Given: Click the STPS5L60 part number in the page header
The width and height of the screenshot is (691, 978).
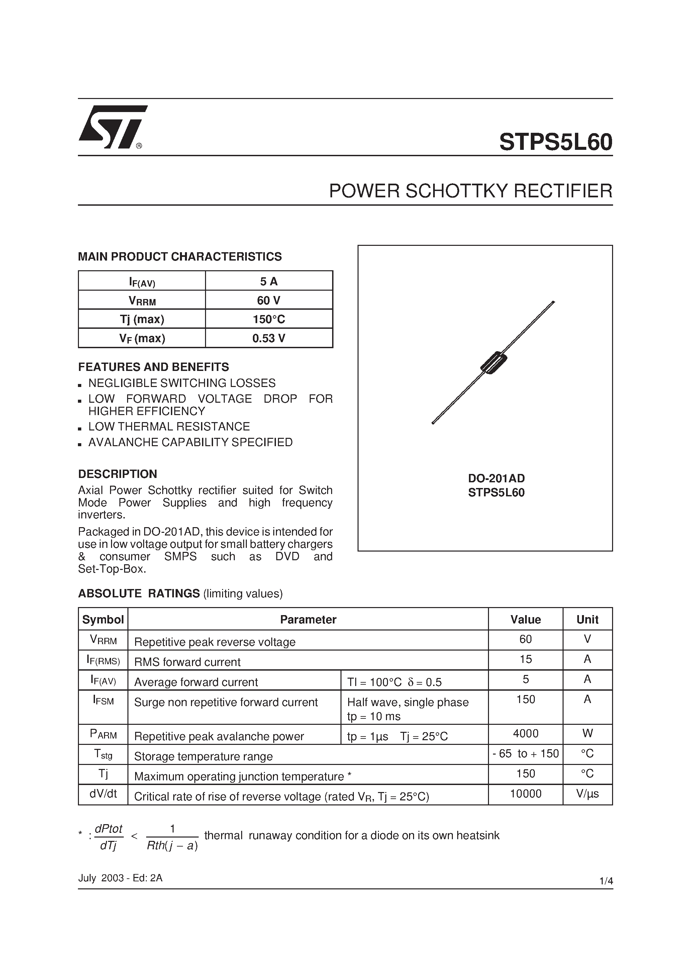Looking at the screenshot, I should point(556,142).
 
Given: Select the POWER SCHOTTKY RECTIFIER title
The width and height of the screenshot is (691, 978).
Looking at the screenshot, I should point(470,191).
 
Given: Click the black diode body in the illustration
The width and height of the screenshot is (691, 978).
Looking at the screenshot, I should point(493,363).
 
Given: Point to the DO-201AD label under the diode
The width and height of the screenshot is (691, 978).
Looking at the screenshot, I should point(496,478).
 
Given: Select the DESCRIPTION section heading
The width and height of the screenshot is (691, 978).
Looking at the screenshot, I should point(118,474).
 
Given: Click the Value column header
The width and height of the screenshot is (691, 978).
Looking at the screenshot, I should point(525,619).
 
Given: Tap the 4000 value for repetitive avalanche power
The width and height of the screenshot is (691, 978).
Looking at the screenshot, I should point(525,733).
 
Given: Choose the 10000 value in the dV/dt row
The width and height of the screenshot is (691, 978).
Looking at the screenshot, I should point(525,794).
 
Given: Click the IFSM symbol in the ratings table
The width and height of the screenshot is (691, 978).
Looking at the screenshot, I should point(103,700).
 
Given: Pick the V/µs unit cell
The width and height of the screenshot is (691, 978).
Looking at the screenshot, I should point(587,794).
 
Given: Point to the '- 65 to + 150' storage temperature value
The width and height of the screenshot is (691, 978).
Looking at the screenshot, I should point(525,754).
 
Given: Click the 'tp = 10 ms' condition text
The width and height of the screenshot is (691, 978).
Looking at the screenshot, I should point(374,716).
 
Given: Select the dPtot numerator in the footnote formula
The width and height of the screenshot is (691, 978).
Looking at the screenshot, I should point(108,828).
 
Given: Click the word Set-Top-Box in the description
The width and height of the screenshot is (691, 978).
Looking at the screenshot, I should point(111,569).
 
